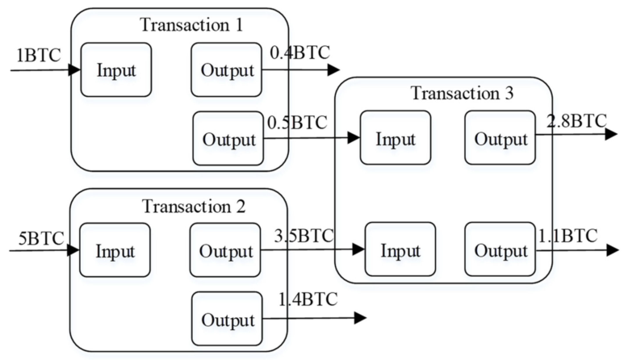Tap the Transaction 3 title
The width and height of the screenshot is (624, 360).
(461, 92)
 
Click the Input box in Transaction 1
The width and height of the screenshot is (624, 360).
(116, 69)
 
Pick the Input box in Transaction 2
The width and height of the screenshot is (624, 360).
(116, 249)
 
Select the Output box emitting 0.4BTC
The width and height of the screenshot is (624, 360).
(227, 70)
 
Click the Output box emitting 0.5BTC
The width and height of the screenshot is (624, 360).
(228, 139)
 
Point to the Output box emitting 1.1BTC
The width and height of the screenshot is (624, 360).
(500, 249)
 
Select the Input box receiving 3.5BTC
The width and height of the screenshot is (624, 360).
(400, 249)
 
